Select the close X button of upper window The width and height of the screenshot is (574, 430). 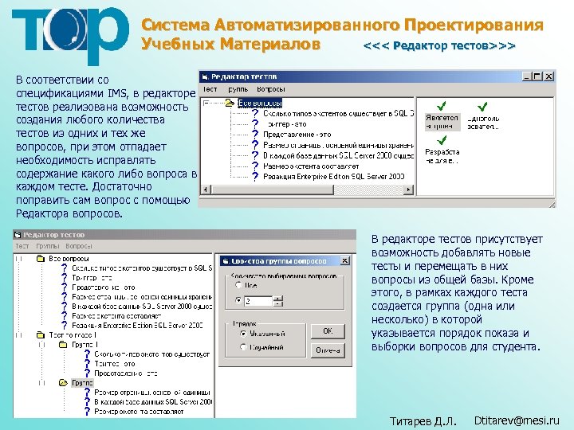click(548, 76)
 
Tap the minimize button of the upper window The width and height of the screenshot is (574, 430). click(526, 76)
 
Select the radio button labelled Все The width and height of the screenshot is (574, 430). click(238, 284)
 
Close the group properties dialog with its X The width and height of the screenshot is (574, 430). click(321, 260)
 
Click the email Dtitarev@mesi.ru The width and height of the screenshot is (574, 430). click(517, 420)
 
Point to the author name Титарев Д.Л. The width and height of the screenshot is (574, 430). click(423, 420)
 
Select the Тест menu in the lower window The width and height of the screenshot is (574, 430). click(22, 246)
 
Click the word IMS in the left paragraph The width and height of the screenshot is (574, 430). click(117, 93)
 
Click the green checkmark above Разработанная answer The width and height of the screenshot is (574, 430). click(442, 139)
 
